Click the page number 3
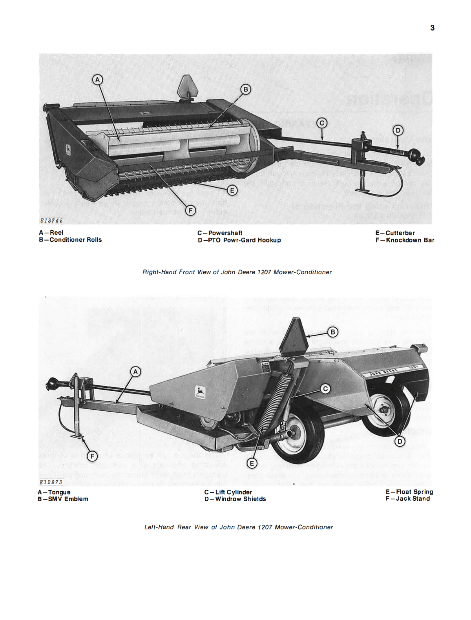pyautogui.click(x=432, y=28)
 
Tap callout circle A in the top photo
pyautogui.click(x=97, y=80)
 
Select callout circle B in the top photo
pyautogui.click(x=245, y=90)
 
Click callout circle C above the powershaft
pyautogui.click(x=321, y=123)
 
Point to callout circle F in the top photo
pyautogui.click(x=190, y=211)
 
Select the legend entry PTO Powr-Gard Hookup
pyautogui.click(x=239, y=240)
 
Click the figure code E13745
pyautogui.click(x=51, y=221)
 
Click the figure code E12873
pyautogui.click(x=51, y=482)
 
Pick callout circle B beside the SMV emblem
pyautogui.click(x=332, y=332)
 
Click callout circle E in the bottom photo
pyautogui.click(x=252, y=463)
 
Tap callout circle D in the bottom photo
pyautogui.click(x=400, y=442)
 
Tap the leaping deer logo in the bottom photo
pyautogui.click(x=201, y=391)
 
